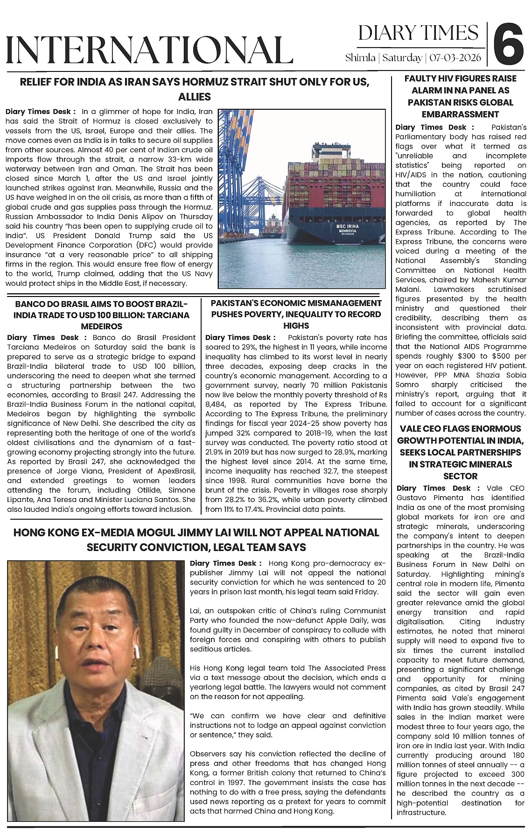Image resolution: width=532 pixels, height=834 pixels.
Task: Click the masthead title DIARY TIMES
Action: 418,33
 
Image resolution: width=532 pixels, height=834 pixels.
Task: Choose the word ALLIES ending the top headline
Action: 195,97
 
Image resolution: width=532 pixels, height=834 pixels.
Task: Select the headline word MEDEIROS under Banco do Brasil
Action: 102,326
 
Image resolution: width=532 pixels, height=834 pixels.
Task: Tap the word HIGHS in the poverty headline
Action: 296,325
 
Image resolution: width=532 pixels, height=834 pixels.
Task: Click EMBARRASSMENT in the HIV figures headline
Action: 461,114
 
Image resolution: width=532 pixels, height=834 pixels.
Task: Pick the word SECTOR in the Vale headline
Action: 460,476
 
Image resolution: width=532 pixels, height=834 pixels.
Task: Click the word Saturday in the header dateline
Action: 403,58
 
